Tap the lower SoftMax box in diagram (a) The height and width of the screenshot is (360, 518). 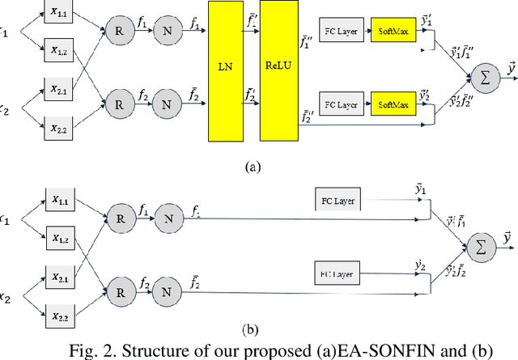[393, 105]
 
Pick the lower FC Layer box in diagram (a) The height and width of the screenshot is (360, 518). [341, 105]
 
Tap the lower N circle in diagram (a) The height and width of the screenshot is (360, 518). [166, 104]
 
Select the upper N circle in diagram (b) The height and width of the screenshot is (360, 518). [166, 218]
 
